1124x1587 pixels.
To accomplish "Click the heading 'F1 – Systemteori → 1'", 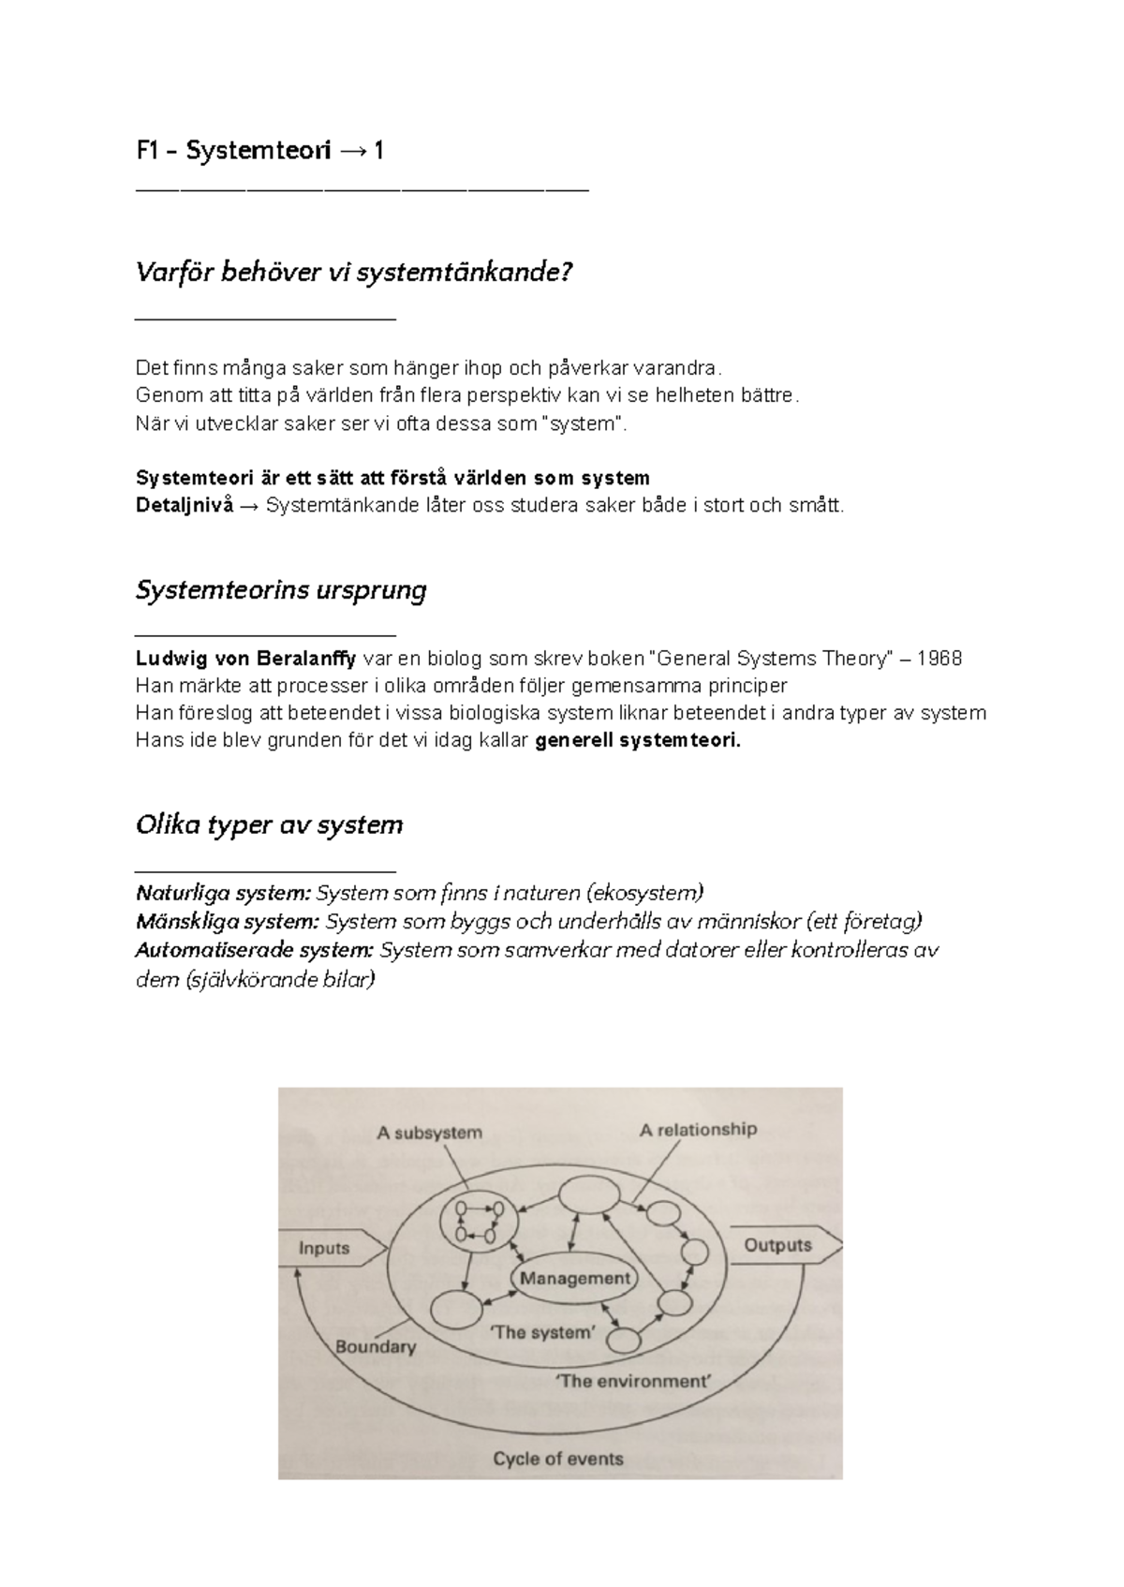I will point(259,151).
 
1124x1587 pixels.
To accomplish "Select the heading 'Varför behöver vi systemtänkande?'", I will point(353,273).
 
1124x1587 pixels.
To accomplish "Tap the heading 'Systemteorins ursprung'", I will point(281,590).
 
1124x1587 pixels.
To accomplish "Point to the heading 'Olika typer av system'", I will point(269,825).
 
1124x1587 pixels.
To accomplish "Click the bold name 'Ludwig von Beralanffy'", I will point(245,659).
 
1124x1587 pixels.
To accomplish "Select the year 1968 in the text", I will point(939,659).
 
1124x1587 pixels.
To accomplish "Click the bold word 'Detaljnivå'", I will point(184,506).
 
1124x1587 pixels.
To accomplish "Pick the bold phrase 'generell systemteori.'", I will point(637,741).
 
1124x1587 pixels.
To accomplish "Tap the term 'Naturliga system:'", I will point(223,892).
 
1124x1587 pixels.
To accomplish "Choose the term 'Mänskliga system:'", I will point(228,922).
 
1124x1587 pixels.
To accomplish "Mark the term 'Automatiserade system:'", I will point(254,951).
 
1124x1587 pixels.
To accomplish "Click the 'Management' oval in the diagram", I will point(575,1279).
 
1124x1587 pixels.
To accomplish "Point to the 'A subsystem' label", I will point(429,1133).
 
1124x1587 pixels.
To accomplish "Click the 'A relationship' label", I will point(698,1130).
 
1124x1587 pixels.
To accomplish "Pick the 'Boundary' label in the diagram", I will point(375,1347).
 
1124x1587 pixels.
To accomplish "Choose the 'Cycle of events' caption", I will point(557,1459).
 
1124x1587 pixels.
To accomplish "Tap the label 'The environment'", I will point(633,1381).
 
